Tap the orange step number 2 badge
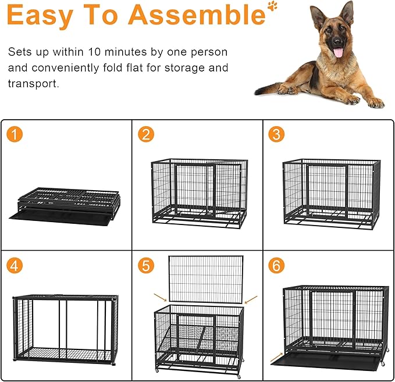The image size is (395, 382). point(147,135)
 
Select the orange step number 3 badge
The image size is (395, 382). point(276,135)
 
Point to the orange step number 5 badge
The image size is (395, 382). point(147,266)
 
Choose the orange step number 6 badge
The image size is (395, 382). point(276,266)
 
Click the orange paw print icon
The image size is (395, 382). point(272,6)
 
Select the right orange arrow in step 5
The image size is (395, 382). point(251,300)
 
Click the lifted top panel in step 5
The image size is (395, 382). point(205,279)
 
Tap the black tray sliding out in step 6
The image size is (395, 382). point(326,360)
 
